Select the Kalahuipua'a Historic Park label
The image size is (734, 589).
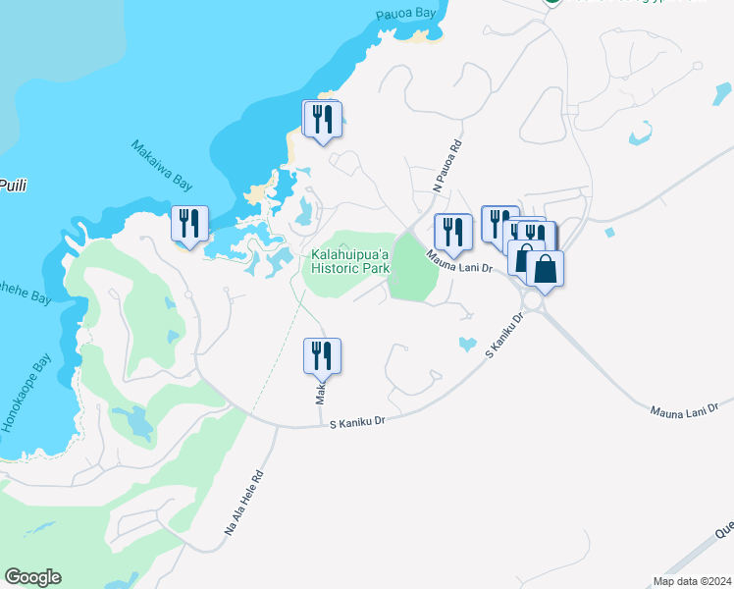[350, 261]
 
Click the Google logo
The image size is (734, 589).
[32, 577]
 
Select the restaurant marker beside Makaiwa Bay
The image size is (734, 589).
[187, 223]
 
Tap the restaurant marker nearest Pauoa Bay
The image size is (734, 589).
[323, 120]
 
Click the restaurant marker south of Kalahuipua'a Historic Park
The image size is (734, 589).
[321, 354]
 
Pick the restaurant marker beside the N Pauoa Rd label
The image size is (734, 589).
[452, 232]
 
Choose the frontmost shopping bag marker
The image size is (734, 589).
[545, 268]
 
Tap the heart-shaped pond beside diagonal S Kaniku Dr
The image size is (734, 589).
[467, 345]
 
